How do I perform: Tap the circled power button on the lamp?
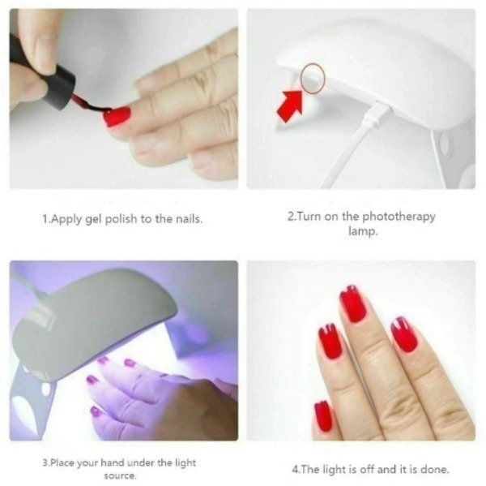pos(313,78)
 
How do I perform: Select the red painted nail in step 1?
pos(117,117)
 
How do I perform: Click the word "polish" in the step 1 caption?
pos(121,219)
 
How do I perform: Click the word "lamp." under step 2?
pos(363,231)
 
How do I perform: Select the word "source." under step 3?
pos(120,475)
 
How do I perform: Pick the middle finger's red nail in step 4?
pos(352,303)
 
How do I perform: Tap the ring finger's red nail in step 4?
pos(404,334)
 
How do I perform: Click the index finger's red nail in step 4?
pos(330,342)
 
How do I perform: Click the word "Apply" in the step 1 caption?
pos(66,219)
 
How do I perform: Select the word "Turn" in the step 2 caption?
pos(309,216)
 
